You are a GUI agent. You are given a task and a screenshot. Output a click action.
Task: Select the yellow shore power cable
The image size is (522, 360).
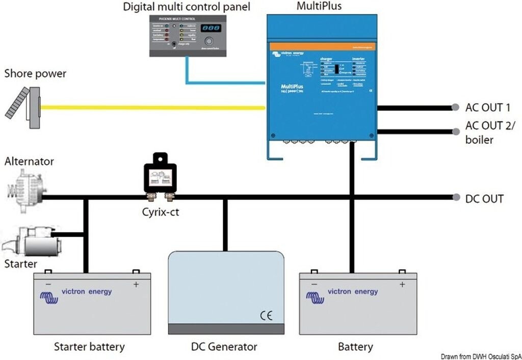click(153, 107)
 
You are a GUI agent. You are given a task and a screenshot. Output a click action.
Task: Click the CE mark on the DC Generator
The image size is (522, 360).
click(266, 316)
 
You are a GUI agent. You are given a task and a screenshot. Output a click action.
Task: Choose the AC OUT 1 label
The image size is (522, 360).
click(487, 108)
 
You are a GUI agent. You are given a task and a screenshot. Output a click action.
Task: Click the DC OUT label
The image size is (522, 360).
click(484, 198)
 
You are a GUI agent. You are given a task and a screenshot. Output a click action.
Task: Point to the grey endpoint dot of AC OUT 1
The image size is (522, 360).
click(455, 108)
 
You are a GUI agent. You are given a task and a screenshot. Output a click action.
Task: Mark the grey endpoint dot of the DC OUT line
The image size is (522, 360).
click(455, 197)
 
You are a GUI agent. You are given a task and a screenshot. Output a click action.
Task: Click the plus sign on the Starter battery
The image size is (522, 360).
click(136, 285)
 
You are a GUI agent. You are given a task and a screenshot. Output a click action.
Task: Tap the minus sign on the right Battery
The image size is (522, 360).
click(314, 284)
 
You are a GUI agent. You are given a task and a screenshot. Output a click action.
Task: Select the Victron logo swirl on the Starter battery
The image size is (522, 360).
click(49, 298)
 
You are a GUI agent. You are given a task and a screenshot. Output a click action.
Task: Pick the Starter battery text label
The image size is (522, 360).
click(89, 347)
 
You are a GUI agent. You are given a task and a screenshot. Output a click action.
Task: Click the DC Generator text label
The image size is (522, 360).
click(224, 347)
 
